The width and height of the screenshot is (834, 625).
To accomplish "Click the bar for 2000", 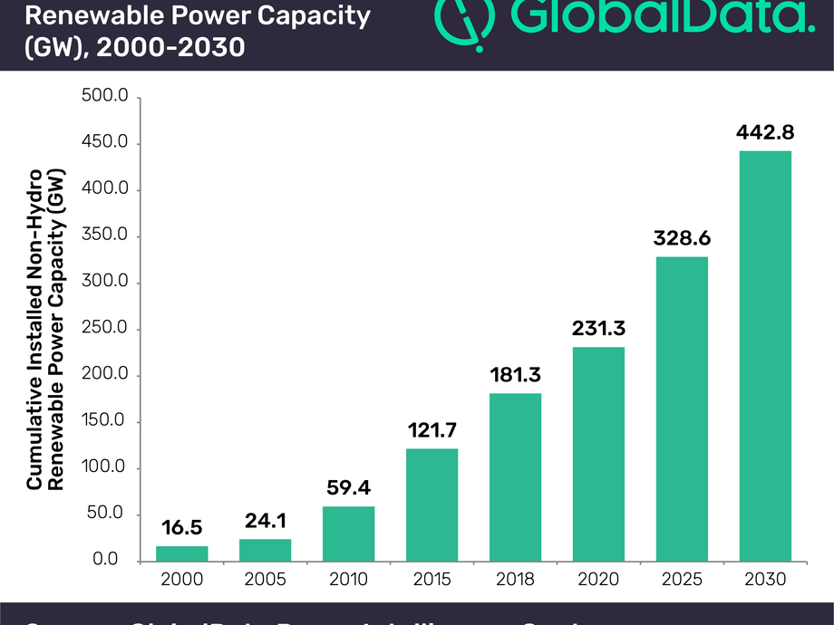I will [x=182, y=553].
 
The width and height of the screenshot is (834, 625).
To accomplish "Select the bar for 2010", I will [x=349, y=533].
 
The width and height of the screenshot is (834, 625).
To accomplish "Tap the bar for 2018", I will [x=516, y=476].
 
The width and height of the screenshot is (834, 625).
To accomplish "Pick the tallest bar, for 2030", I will [x=766, y=355].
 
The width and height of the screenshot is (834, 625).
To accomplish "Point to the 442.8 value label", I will [x=766, y=132].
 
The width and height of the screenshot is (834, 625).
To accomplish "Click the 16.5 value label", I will [x=182, y=528].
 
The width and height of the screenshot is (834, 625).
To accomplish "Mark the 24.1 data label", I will [x=266, y=521].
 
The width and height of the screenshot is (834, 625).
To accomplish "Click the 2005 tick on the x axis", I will [x=266, y=579].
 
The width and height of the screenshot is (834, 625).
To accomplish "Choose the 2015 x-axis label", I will [x=432, y=579].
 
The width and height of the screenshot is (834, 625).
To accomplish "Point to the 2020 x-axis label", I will [x=599, y=579].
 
